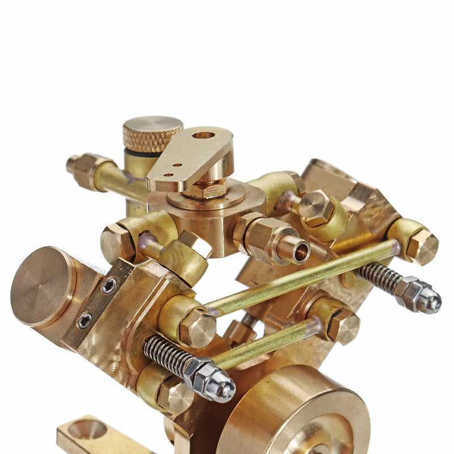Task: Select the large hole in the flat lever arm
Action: [x=203, y=135]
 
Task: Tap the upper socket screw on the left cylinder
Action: [x=109, y=285]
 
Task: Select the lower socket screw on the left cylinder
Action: [x=85, y=321]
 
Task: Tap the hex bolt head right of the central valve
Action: [x=316, y=207]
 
